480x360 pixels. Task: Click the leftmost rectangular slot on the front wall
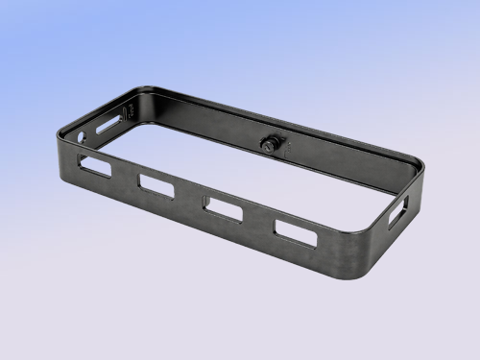(x=96, y=165)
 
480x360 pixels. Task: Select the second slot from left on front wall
(x=156, y=183)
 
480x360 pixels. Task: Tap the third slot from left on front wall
(x=223, y=207)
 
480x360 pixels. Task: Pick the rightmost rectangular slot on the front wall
(x=295, y=232)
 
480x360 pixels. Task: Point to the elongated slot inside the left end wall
(x=108, y=123)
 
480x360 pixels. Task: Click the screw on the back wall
(x=270, y=144)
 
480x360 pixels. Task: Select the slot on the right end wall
(x=397, y=211)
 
